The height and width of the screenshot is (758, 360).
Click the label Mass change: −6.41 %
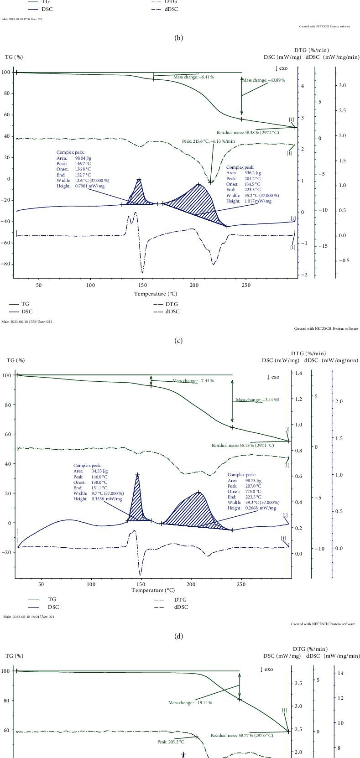coord(193,77)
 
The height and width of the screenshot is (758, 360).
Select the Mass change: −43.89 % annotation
coord(264,80)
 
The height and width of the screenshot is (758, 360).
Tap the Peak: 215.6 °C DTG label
coord(208,141)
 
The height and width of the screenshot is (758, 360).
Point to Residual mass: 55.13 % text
coord(243,445)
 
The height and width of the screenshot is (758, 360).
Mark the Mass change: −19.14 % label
coord(190,703)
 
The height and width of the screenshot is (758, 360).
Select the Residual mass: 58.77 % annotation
coord(242,735)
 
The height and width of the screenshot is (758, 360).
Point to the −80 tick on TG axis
coord(6,264)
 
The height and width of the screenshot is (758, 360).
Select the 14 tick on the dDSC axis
coord(340,673)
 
